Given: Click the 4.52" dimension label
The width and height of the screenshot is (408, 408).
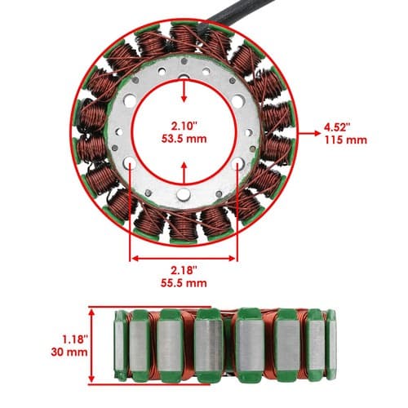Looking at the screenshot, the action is coord(337,127).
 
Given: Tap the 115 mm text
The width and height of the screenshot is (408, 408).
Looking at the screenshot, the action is coord(346,140).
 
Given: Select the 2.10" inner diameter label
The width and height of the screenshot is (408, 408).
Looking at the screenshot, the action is coord(184,126).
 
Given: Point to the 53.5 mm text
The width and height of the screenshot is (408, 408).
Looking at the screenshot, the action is coord(184,139).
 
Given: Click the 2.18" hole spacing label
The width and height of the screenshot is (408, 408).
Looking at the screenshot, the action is coord(184,270).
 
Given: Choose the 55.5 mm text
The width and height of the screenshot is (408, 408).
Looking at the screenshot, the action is coord(184,283).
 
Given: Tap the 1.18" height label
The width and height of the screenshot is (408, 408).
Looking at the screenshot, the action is coord(75,339).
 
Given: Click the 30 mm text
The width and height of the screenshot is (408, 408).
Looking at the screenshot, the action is coord(69,352).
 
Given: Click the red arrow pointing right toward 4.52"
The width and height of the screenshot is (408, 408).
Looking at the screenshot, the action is coord(310,133).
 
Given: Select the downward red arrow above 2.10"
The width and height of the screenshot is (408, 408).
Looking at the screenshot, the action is coord(184,91).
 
